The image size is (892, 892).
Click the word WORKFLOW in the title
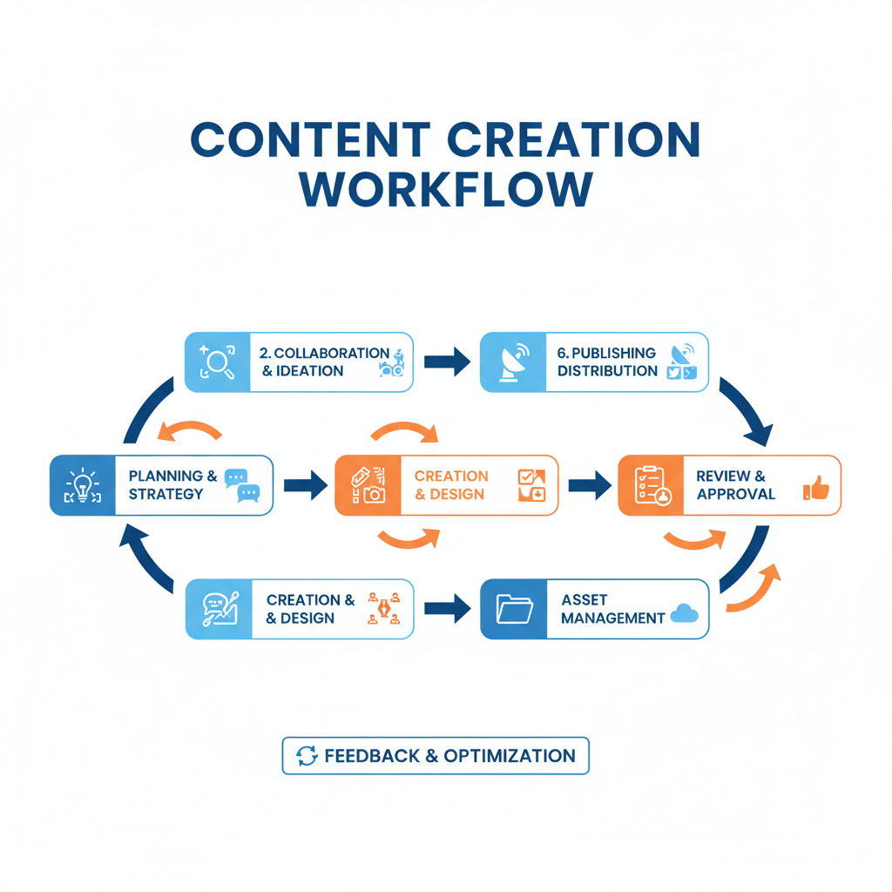click(445, 190)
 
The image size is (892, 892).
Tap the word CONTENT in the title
click(310, 140)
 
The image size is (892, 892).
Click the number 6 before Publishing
click(563, 353)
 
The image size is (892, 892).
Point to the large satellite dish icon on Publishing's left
click(513, 362)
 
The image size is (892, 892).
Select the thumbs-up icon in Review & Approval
click(816, 488)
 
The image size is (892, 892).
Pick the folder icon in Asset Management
click(514, 609)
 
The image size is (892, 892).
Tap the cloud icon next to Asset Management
click(685, 614)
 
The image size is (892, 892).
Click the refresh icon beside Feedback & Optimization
click(307, 756)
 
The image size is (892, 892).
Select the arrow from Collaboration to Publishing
click(446, 362)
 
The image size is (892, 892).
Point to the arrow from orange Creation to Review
click(589, 485)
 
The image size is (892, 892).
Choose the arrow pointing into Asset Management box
click(446, 609)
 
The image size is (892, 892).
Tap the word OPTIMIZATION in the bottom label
click(510, 756)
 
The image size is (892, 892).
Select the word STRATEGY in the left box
click(166, 494)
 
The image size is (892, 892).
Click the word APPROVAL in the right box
click(735, 494)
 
